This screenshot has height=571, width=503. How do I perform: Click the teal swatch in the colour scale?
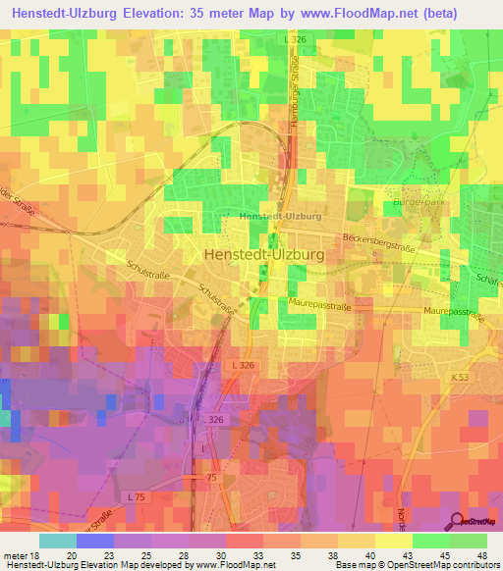58,540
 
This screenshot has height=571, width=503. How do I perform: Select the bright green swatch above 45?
430,540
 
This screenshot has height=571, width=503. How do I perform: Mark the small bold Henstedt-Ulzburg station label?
281,216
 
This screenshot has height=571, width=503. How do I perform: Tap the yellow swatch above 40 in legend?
356,540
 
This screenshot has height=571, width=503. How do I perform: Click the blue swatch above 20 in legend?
95,540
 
